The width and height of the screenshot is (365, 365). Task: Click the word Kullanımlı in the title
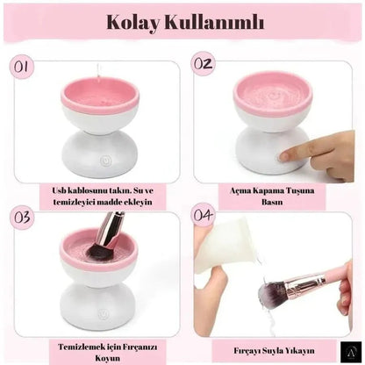215,23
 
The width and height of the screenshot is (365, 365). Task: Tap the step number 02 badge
204,63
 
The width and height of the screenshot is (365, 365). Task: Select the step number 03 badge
25,217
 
